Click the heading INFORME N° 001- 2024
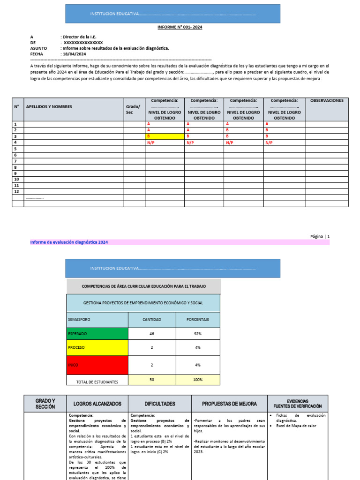pyautogui.click(x=180, y=28)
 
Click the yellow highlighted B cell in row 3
pyautogui.click(x=165, y=136)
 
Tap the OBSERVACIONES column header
pyautogui.click(x=327, y=100)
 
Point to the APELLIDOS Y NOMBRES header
pyautogui.click(x=49, y=106)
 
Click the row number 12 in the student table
pyautogui.click(x=17, y=191)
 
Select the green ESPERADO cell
pyautogui.click(x=97, y=334)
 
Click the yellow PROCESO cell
pyautogui.click(x=97, y=348)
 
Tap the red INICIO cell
pyautogui.click(x=97, y=365)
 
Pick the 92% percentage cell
pyautogui.click(x=198, y=334)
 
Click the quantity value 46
pyautogui.click(x=151, y=334)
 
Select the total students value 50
pyautogui.click(x=151, y=380)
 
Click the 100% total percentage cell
pyautogui.click(x=198, y=380)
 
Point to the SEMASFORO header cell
pyautogui.click(x=97, y=320)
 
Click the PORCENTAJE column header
pyautogui.click(x=198, y=320)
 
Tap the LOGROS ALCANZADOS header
pyautogui.click(x=97, y=404)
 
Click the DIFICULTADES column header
pyautogui.click(x=160, y=404)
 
